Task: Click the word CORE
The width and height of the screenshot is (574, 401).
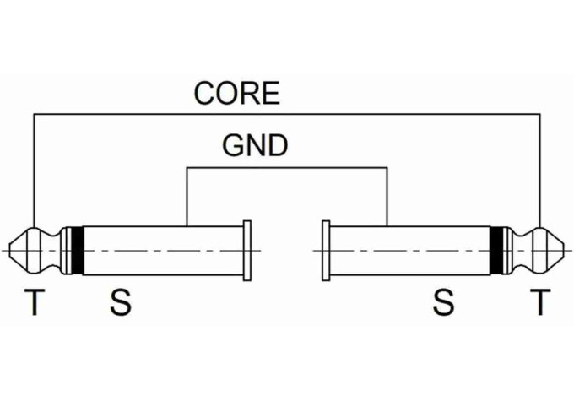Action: coord(237,93)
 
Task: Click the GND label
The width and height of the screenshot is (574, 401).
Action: coord(255,145)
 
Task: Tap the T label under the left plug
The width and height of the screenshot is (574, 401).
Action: coord(35,301)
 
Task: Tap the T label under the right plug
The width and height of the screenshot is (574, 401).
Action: coord(540,301)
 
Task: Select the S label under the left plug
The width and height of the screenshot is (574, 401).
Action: coord(121,302)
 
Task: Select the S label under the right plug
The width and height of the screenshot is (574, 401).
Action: coord(443,302)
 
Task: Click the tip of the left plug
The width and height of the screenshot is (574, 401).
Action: coord(8,251)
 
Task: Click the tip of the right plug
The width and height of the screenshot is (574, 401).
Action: coord(566,251)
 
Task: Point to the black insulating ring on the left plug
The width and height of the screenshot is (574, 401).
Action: coord(78,251)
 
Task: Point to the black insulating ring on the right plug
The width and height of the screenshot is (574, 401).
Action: coord(496,251)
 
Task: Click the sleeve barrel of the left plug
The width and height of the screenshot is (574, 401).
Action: coord(164,251)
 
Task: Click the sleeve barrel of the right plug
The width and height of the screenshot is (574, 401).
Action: coord(409,251)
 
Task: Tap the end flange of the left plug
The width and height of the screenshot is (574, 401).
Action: coord(247,251)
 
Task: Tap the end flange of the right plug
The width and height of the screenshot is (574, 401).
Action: coord(326,251)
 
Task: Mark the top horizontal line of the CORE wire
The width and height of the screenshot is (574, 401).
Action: coord(287,114)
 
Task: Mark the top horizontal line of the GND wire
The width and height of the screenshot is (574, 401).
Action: coord(287,168)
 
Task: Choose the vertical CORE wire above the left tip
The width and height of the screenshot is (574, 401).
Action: coord(34,171)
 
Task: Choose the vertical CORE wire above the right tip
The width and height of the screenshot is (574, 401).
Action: coord(540,171)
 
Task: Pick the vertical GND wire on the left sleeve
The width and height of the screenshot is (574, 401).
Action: coord(187,197)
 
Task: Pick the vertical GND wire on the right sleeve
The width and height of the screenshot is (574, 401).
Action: coord(387,197)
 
